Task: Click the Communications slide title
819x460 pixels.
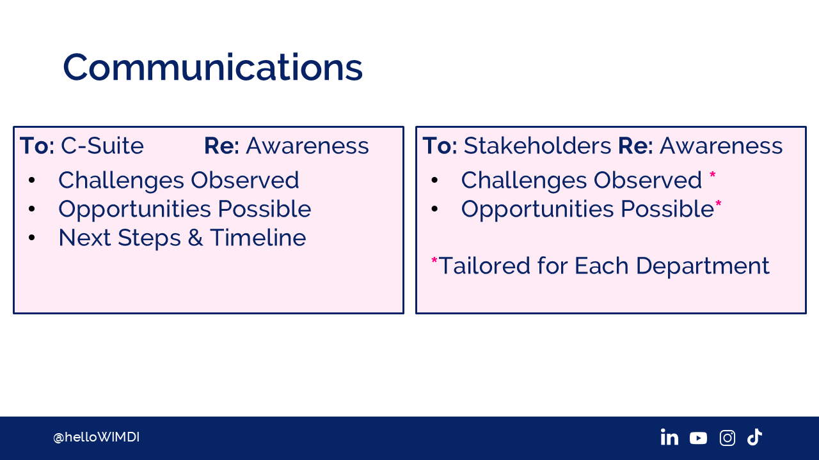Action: coord(213,67)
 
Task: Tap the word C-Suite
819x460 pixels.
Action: coord(102,146)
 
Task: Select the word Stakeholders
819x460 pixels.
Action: coord(537,146)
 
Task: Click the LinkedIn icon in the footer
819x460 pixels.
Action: coord(669,437)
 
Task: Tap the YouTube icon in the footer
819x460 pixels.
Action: coord(698,438)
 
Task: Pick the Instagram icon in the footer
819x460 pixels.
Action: coord(728,438)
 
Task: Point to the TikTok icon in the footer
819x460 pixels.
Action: coord(754,437)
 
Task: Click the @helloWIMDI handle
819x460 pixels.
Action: coord(96,437)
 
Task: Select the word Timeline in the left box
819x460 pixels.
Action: coord(258,238)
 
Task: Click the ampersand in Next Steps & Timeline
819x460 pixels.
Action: coord(196,238)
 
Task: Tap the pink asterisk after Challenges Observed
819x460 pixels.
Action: coord(713,175)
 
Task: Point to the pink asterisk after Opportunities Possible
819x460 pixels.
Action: coord(719,204)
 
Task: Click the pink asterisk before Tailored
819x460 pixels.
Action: coord(434,261)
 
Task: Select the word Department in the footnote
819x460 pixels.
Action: coord(703,266)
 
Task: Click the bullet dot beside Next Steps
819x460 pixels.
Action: coord(32,238)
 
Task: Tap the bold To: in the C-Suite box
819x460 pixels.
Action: coord(37,146)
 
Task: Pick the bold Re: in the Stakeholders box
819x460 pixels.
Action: coord(635,146)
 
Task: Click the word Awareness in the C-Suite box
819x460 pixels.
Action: coord(307,146)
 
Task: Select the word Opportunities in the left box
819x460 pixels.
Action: coord(135,210)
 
